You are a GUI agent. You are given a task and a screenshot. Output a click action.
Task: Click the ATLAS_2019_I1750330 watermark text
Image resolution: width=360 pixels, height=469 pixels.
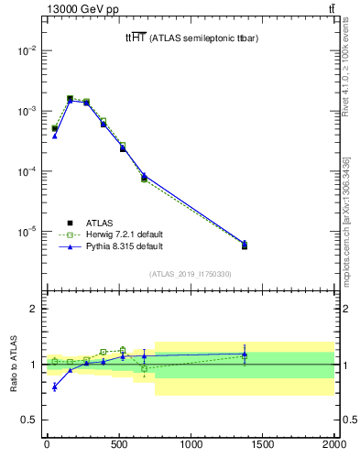click(x=191, y=274)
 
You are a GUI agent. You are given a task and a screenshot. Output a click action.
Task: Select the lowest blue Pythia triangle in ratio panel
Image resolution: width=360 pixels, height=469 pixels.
click(x=55, y=387)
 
